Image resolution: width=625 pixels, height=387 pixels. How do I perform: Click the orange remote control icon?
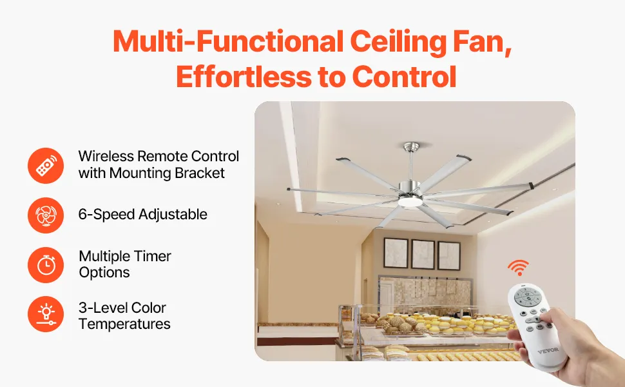point(46,166)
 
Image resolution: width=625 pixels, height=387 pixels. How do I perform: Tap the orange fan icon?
point(46,215)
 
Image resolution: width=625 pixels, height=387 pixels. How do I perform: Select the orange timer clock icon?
point(46,265)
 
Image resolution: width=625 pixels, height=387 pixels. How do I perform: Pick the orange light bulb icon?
point(46,314)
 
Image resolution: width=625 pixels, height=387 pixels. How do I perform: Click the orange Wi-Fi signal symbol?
point(518,267)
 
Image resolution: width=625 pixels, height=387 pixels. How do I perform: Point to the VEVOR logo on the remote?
point(548,351)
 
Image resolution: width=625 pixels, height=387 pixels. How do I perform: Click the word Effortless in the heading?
point(244,77)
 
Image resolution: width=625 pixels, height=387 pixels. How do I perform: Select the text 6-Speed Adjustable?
point(142,214)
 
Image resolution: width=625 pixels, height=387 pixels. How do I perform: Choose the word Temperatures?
point(124,324)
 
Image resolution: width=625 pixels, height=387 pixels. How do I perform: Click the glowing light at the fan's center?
point(411,202)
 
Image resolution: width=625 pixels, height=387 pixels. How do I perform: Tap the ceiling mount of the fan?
point(412,146)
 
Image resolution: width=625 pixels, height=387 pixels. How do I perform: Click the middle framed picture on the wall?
point(423,255)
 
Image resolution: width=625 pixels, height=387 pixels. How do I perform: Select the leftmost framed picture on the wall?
point(396,253)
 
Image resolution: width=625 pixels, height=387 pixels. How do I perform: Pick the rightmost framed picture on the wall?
point(449,255)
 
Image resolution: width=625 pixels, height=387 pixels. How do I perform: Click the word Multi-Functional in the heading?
point(228,42)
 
